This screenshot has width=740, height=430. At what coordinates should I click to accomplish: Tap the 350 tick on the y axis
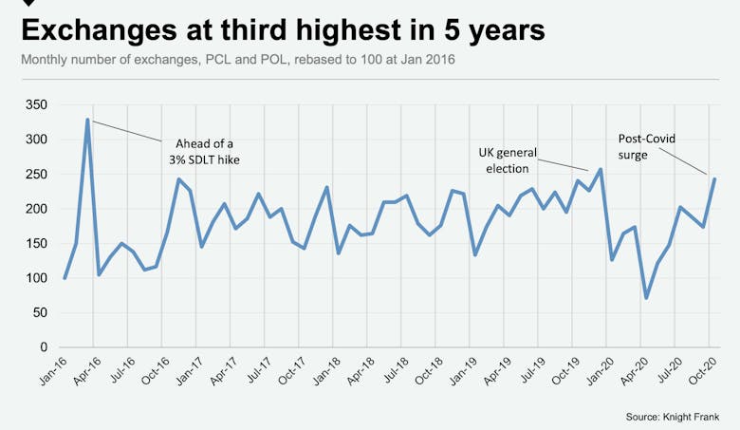[36, 104]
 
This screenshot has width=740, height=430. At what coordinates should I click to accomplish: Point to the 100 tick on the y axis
[36, 278]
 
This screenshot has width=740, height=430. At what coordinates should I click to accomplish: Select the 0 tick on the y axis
[44, 347]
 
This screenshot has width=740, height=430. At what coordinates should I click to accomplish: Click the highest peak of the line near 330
[87, 120]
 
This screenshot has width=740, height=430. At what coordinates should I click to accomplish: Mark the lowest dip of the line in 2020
[646, 298]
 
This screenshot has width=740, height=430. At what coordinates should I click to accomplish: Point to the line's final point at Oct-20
[714, 178]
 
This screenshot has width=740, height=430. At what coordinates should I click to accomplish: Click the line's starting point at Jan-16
[65, 278]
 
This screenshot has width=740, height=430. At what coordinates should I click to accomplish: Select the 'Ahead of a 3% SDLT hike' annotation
[198, 151]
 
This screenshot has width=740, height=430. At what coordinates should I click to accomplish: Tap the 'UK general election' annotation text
[509, 160]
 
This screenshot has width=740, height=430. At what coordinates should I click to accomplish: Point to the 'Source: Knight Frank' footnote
[673, 417]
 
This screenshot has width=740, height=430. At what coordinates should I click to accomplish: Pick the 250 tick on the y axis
[36, 174]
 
